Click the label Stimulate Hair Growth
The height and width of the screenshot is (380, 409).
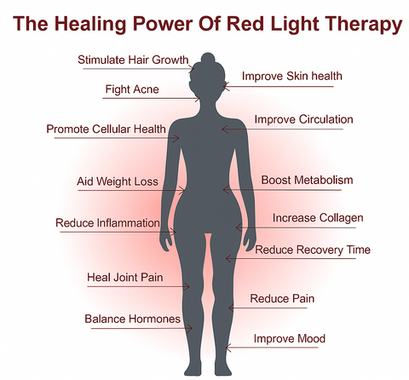click(x=133, y=60)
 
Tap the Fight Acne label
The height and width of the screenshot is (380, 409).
click(x=132, y=89)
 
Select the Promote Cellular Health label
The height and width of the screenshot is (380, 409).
click(x=106, y=129)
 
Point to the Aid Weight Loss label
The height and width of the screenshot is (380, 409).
click(x=118, y=181)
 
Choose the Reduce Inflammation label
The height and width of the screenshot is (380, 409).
click(x=107, y=223)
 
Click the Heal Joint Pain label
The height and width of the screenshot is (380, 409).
click(x=125, y=277)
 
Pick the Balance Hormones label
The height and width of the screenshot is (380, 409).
click(x=132, y=319)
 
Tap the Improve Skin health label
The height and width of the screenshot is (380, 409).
click(x=292, y=76)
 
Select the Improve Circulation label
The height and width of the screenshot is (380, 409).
click(x=303, y=119)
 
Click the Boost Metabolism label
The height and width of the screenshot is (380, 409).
click(x=307, y=180)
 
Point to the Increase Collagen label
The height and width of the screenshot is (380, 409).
click(x=318, y=218)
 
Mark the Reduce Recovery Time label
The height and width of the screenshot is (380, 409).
click(x=313, y=250)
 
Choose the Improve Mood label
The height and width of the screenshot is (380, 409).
click(x=290, y=339)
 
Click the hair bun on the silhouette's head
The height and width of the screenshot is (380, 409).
click(x=208, y=58)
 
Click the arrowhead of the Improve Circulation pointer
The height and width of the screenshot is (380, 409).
click(x=225, y=130)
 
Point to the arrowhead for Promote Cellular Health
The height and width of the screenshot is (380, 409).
click(x=176, y=138)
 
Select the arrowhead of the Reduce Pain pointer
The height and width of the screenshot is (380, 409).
click(x=232, y=308)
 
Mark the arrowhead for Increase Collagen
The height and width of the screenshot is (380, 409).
click(x=239, y=227)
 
